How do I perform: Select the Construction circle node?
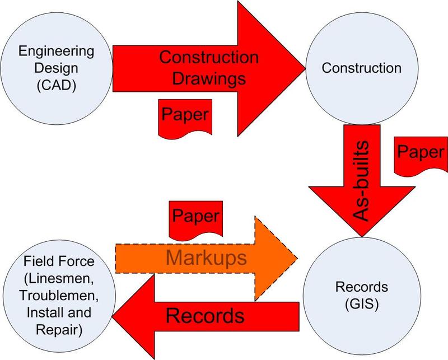click(362, 68)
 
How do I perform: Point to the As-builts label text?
click(362, 182)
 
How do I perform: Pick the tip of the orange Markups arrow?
click(296, 258)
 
